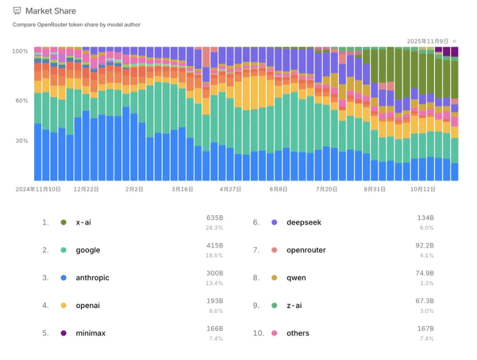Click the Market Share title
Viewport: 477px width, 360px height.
click(50, 11)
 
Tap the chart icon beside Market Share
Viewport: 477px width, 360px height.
click(17, 11)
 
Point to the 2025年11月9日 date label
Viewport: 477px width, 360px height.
click(428, 41)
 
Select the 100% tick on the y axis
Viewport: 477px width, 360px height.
click(20, 51)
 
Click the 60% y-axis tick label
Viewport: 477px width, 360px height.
click(21, 100)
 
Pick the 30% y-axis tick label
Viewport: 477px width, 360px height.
click(21, 141)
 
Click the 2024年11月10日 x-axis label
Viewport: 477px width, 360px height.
click(38, 189)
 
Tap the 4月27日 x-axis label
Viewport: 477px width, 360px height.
click(230, 189)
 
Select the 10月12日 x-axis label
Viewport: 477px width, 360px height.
click(423, 189)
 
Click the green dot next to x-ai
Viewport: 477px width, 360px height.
click(63, 222)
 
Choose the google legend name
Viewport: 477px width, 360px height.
click(88, 250)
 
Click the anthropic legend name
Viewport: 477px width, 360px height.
click(93, 278)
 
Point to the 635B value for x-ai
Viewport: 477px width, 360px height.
click(215, 218)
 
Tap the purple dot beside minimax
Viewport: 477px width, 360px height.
click(63, 333)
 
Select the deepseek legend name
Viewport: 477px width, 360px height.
click(304, 222)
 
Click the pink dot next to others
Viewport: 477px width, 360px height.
click(274, 333)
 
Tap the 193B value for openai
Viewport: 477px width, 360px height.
click(215, 301)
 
